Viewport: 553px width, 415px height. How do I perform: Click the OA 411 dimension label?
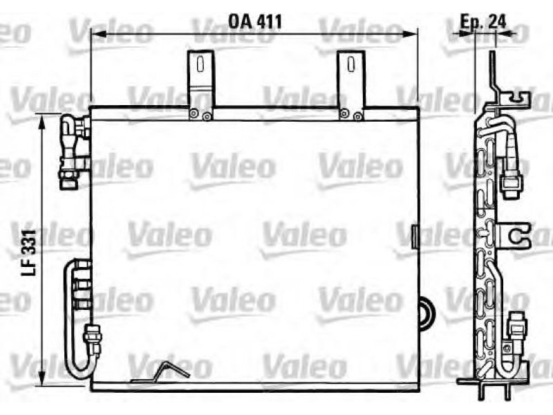pyautogui.click(x=255, y=21)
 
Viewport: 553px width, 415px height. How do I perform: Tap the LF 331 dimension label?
pyautogui.click(x=29, y=252)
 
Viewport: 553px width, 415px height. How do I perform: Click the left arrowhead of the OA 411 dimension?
pyautogui.click(x=99, y=34)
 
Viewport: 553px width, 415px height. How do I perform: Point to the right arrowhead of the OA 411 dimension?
pyautogui.click(x=410, y=34)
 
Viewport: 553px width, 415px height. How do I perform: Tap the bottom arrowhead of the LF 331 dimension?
pyautogui.click(x=42, y=378)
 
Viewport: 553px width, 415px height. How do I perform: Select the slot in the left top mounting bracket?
pyautogui.click(x=200, y=64)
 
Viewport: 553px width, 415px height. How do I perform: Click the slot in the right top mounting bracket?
pyautogui.click(x=350, y=64)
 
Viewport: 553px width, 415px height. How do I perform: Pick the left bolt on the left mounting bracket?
pyautogui.click(x=194, y=113)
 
